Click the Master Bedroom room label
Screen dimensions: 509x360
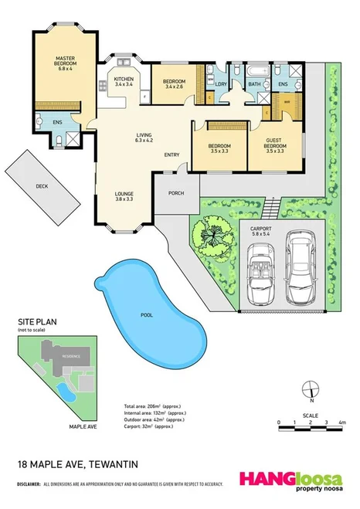click(x=64, y=62)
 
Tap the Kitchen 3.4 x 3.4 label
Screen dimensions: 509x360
click(x=124, y=82)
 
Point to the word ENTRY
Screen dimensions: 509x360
click(x=172, y=155)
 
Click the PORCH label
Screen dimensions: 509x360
click(x=176, y=193)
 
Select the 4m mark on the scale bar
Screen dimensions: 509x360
click(x=341, y=422)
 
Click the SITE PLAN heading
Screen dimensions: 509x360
click(x=36, y=323)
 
